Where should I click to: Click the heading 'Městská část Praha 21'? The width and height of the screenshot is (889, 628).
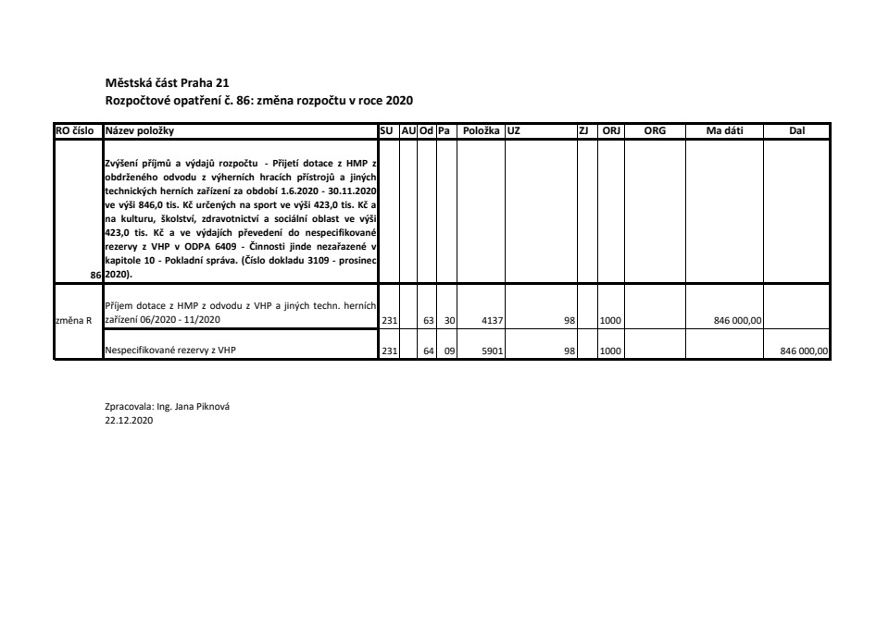click(161, 82)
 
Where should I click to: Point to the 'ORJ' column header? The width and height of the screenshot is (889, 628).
click(611, 131)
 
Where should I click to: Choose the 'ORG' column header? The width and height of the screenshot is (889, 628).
click(655, 131)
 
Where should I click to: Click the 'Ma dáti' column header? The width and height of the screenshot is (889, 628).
click(724, 131)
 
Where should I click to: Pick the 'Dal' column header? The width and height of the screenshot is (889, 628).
click(796, 131)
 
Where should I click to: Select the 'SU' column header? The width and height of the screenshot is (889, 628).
click(387, 131)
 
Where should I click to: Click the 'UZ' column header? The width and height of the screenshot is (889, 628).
click(514, 131)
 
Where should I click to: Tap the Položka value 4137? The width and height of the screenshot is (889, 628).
click(493, 320)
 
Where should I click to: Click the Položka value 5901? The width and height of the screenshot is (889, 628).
click(493, 351)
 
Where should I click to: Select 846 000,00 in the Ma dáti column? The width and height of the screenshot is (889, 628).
click(737, 320)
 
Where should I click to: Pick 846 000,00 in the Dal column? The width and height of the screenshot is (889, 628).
click(807, 351)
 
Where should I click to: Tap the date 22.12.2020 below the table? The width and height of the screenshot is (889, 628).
click(130, 419)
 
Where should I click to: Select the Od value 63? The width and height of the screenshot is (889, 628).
click(429, 320)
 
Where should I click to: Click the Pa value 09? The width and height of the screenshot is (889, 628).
click(449, 351)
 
